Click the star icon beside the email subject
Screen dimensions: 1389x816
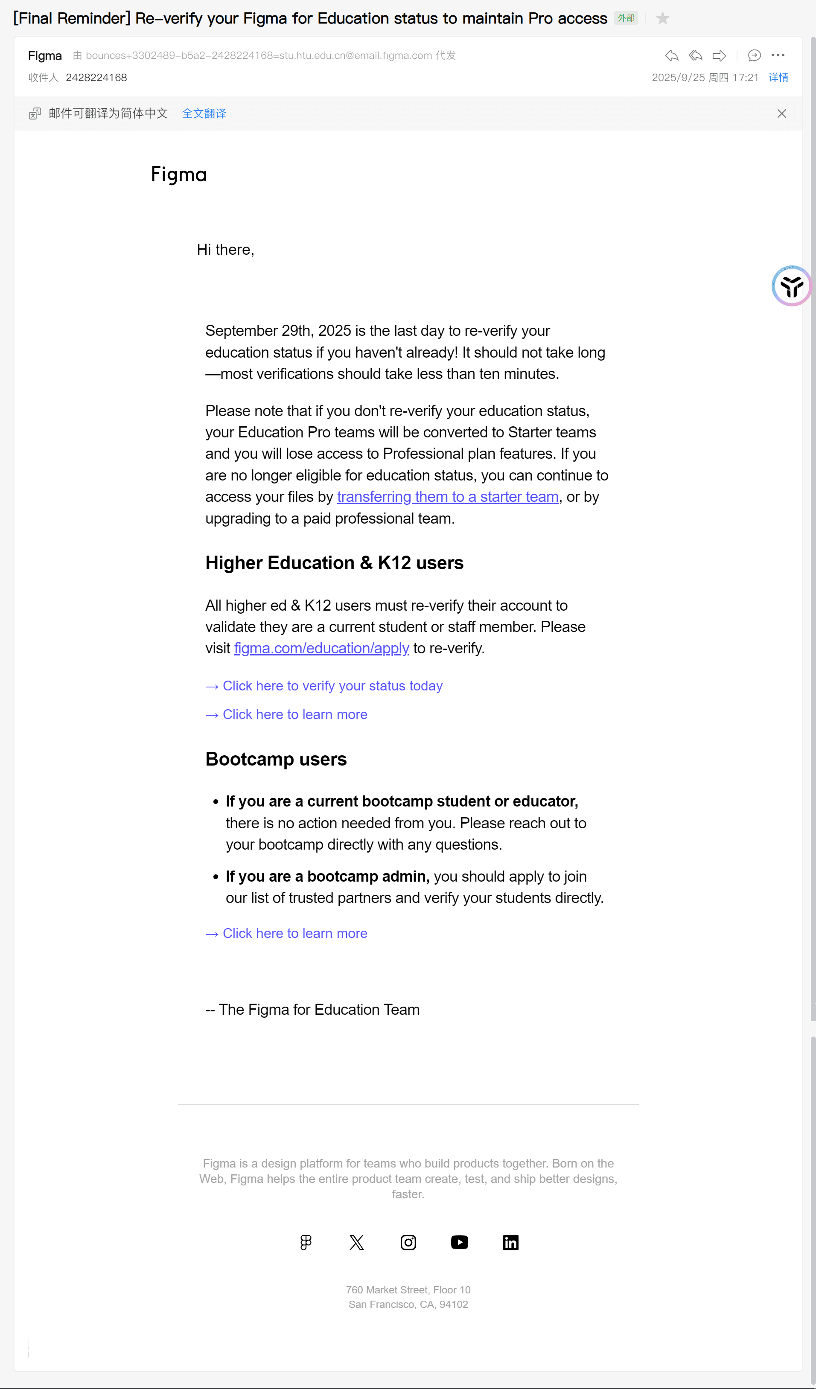pos(663,19)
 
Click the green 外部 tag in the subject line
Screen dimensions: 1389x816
pos(626,18)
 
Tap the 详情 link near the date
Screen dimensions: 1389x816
pos(778,78)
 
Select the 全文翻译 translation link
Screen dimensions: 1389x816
pos(204,114)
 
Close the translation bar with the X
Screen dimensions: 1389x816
pos(781,114)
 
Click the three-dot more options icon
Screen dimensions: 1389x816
pos(778,55)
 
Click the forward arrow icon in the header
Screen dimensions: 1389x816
pos(719,55)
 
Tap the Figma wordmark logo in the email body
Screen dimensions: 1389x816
pos(179,175)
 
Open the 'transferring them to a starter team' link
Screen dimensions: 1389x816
pos(448,497)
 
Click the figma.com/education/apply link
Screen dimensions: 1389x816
pos(321,648)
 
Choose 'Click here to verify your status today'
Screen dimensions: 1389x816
pos(332,686)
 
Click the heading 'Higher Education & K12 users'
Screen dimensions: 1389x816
pos(334,563)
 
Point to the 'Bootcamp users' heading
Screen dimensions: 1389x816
pos(276,759)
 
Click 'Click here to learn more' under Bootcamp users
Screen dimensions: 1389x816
pos(295,933)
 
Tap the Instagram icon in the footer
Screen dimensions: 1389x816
pos(408,1242)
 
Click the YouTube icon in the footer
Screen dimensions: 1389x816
pos(459,1242)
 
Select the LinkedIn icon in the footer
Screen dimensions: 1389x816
pos(510,1242)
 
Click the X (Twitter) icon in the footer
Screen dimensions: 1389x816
pos(357,1242)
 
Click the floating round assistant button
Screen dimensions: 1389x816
pos(791,286)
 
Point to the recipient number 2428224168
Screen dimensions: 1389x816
pos(96,78)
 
